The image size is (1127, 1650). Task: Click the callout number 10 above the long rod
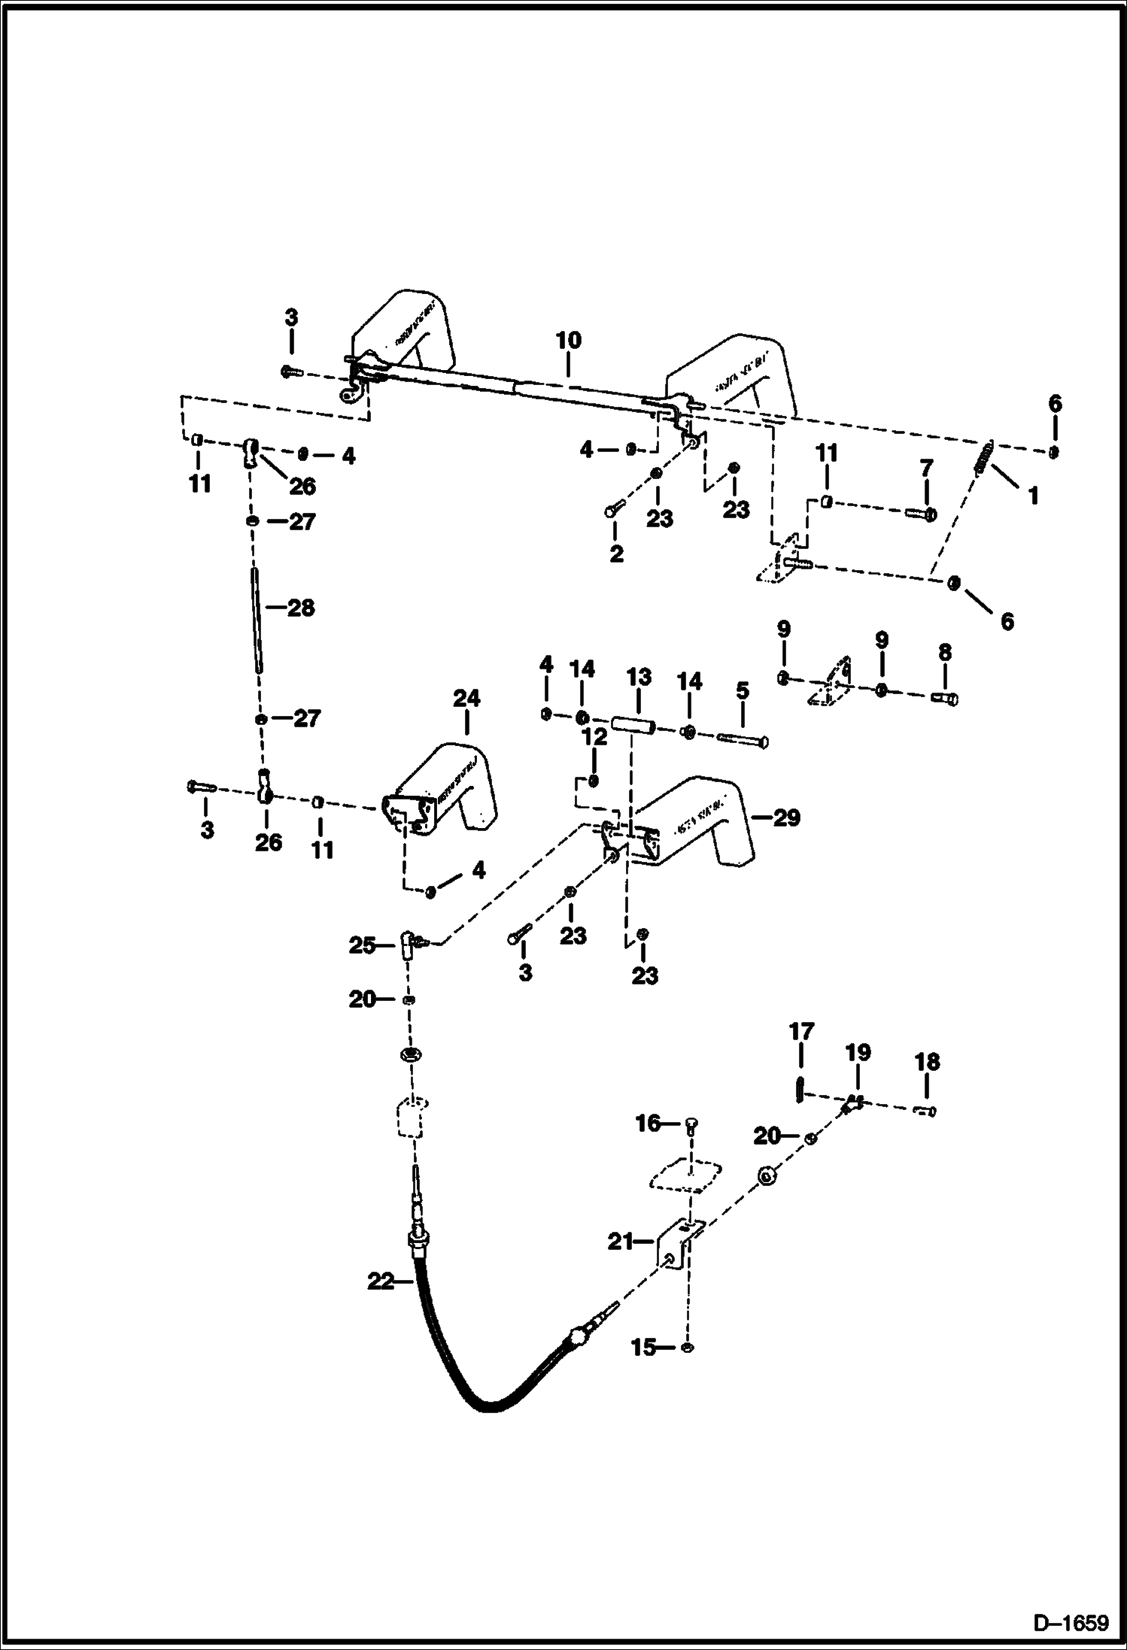568,340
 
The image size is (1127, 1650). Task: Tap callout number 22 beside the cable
381,1281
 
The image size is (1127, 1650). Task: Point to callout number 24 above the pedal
466,698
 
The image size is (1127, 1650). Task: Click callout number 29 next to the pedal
786,817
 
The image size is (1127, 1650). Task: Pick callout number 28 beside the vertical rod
301,608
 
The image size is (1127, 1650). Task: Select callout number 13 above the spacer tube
639,677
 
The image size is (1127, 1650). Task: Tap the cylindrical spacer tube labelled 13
633,726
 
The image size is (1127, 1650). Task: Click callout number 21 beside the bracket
621,1242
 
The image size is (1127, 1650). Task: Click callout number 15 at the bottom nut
644,1348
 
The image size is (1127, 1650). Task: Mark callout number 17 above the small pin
801,1032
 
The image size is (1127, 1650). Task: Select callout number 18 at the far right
927,1062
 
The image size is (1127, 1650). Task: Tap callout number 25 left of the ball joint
362,945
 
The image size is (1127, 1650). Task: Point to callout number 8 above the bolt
945,652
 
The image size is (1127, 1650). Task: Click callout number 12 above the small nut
595,737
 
